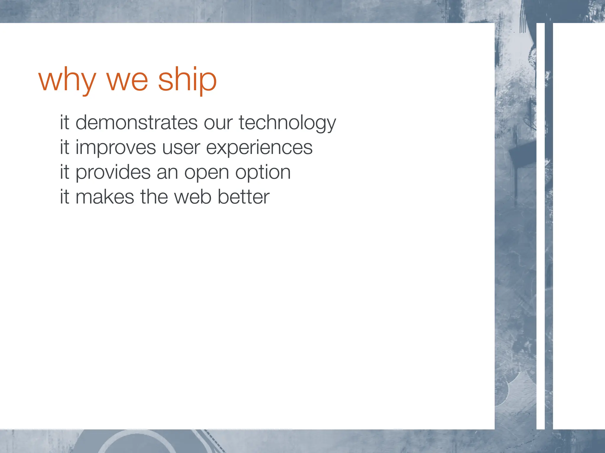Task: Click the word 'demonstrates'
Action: [136, 122]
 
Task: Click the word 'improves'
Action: [116, 147]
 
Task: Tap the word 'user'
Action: [181, 147]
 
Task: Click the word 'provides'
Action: [113, 172]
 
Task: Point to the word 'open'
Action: [206, 173]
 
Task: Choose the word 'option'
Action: [263, 173]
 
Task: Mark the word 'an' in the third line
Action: [167, 173]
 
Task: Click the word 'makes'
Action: [105, 197]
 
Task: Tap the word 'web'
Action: [193, 197]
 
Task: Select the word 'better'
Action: [243, 197]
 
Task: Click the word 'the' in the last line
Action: [154, 197]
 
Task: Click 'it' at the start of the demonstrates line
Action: [64, 122]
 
